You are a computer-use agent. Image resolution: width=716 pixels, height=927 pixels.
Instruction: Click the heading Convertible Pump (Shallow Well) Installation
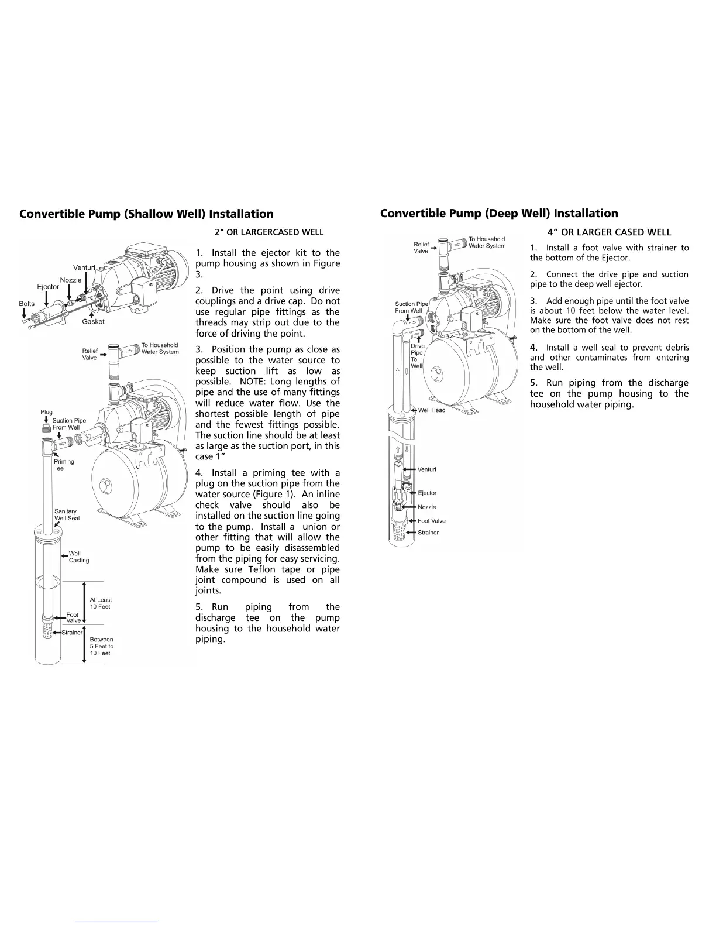click(146, 214)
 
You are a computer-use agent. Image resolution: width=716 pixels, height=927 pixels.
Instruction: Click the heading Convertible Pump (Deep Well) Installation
click(499, 214)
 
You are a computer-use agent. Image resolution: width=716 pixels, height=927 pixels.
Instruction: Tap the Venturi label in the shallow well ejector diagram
click(84, 268)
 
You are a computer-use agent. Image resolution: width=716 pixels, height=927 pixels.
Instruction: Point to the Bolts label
click(27, 304)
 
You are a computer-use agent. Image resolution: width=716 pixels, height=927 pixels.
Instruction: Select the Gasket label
click(93, 322)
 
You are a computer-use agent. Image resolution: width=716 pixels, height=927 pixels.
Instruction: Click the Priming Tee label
click(64, 465)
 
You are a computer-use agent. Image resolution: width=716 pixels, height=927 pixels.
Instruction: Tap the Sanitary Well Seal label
click(67, 514)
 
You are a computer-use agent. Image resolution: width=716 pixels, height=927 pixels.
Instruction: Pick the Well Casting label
click(79, 557)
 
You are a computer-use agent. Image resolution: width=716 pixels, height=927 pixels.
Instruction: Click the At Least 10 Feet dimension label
click(101, 603)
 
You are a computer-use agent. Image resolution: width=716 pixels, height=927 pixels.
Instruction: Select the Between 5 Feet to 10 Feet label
click(101, 646)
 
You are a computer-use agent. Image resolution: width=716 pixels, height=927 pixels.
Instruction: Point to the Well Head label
click(432, 410)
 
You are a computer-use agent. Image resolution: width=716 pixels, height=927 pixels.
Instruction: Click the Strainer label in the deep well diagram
click(428, 533)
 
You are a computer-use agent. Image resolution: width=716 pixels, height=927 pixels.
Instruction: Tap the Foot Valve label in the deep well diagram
click(432, 521)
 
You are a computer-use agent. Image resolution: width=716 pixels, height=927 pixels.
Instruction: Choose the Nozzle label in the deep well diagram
click(427, 507)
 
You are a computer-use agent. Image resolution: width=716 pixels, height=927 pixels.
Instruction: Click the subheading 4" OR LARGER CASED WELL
click(609, 232)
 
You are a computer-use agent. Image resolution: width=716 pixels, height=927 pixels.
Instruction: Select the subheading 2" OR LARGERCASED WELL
click(268, 232)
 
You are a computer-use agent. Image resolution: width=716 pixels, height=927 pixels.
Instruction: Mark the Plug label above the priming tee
click(47, 412)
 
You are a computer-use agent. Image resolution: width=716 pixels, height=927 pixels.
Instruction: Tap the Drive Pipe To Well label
click(417, 356)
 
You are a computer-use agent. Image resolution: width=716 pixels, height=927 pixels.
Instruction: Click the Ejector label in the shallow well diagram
click(48, 287)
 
